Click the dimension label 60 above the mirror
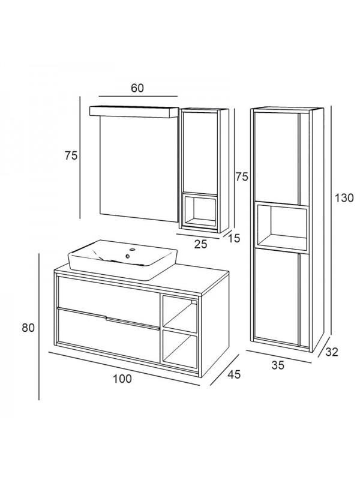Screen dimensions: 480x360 [137, 88]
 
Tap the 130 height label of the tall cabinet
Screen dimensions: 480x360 [344, 197]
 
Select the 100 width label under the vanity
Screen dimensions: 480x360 [121, 379]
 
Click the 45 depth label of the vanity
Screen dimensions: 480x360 [233, 374]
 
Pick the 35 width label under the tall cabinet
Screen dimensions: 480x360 [277, 364]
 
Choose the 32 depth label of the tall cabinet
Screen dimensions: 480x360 [331, 352]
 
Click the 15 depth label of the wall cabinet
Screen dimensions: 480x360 [233, 238]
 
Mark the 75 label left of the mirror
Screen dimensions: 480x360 [71, 155]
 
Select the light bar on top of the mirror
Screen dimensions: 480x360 [134, 112]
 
